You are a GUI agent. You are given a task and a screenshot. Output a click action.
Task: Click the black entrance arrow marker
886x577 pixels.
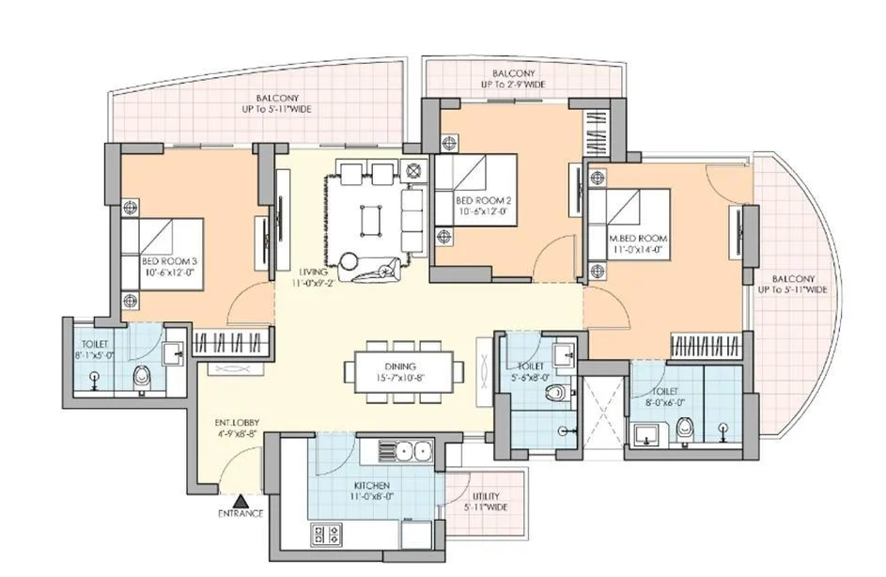(x=241, y=501)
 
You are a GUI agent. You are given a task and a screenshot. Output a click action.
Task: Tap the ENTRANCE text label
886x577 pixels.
(x=241, y=514)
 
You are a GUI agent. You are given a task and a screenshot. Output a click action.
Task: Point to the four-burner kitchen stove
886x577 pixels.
(x=326, y=535)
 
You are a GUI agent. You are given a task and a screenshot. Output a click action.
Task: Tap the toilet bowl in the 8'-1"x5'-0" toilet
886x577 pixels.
(x=141, y=377)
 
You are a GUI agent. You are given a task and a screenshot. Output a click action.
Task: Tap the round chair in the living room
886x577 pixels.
(x=349, y=261)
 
